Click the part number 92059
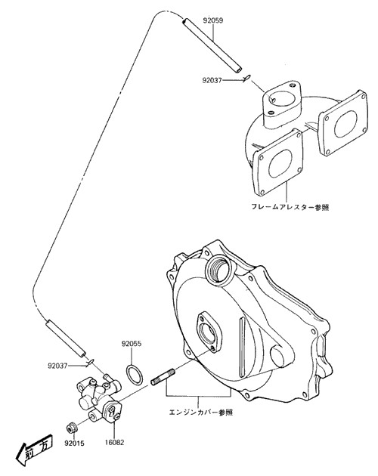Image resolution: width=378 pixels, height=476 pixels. pyautogui.click(x=213, y=20)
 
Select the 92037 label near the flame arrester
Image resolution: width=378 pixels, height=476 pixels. pyautogui.click(x=212, y=80)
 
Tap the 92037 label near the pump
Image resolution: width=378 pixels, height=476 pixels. pyautogui.click(x=57, y=366)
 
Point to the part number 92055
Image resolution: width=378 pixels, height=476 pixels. pyautogui.click(x=132, y=344)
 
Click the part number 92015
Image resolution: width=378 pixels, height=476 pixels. pyautogui.click(x=74, y=444)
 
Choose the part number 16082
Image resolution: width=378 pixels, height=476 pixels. pyautogui.click(x=115, y=442)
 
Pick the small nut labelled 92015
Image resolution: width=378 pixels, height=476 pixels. pyautogui.click(x=73, y=428)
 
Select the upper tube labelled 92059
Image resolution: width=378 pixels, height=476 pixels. pyautogui.click(x=212, y=45)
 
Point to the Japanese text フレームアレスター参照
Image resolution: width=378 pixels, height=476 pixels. pyautogui.click(x=290, y=207)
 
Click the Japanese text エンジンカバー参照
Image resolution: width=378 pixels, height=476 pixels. pyautogui.click(x=201, y=413)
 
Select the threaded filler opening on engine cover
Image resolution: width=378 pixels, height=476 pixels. pyautogui.click(x=220, y=269)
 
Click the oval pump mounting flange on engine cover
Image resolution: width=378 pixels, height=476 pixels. pyautogui.click(x=209, y=332)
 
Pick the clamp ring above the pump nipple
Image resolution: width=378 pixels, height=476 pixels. pyautogui.click(x=90, y=361)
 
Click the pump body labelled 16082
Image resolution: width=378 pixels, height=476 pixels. pyautogui.click(x=99, y=397)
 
